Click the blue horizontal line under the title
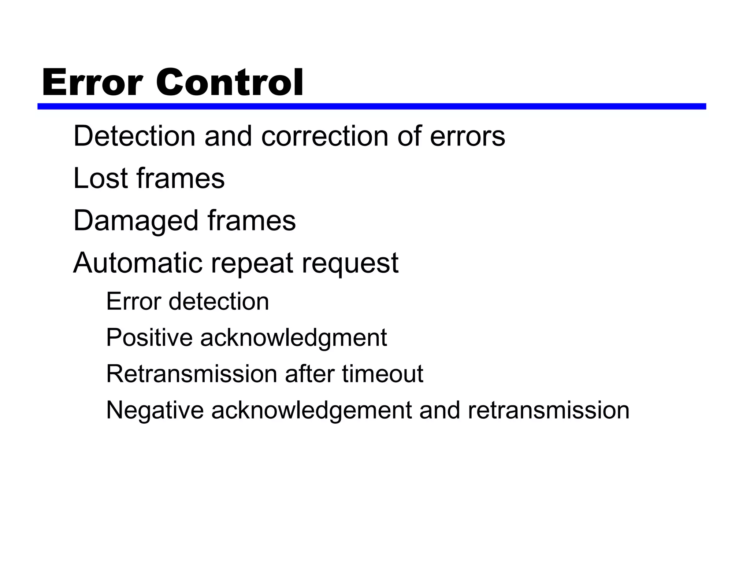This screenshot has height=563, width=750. [x=371, y=106]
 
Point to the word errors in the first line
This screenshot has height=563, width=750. [x=467, y=136]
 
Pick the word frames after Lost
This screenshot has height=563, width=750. [x=181, y=178]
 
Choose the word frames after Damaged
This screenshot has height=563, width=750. [x=252, y=221]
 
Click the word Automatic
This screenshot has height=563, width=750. [x=138, y=263]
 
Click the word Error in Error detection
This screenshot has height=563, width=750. [x=134, y=301]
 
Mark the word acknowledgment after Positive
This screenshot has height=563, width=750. [x=293, y=338]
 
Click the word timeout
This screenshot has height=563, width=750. [x=383, y=374]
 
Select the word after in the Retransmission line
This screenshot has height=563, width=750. [x=309, y=374]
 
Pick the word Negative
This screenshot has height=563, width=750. [x=155, y=410]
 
